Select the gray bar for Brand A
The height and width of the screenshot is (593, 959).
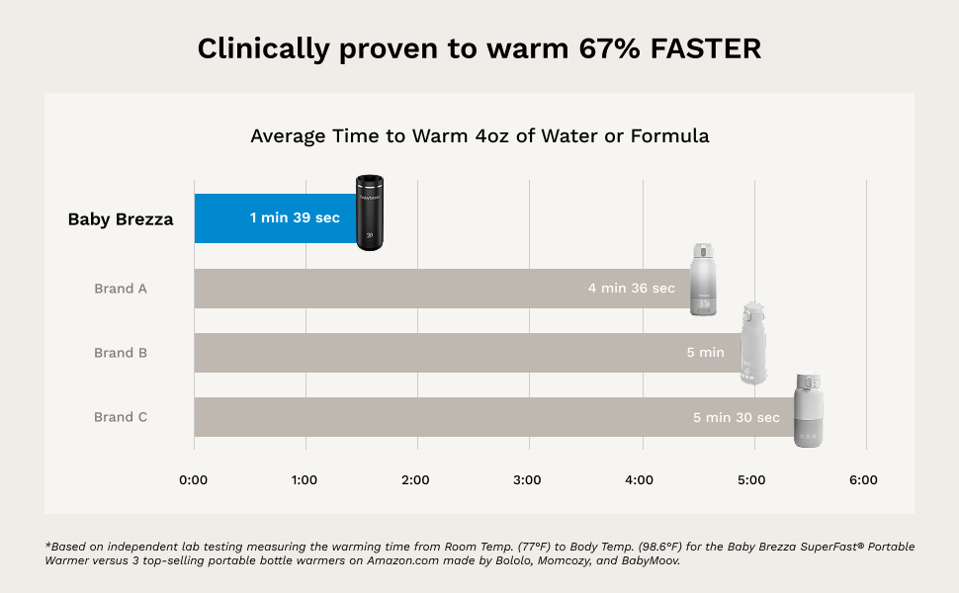[395, 289]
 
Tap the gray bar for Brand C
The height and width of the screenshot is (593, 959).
[445, 417]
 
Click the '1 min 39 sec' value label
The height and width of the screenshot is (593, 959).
[295, 218]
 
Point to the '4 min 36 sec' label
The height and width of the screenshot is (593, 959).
[631, 289]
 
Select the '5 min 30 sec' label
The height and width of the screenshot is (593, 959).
[736, 418]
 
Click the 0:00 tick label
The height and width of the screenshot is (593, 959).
[193, 480]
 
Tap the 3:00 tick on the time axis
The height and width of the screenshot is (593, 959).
[527, 480]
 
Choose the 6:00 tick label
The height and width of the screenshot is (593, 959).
[863, 480]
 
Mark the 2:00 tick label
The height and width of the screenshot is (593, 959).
[415, 480]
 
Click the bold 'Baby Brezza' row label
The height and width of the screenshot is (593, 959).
[121, 219]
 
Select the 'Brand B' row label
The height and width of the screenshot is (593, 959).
[121, 353]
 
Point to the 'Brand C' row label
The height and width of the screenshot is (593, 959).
[121, 417]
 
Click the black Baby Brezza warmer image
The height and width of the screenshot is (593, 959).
[370, 212]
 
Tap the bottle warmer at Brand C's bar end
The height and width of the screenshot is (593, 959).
[810, 409]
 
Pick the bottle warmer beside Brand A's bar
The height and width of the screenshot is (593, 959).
[703, 279]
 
